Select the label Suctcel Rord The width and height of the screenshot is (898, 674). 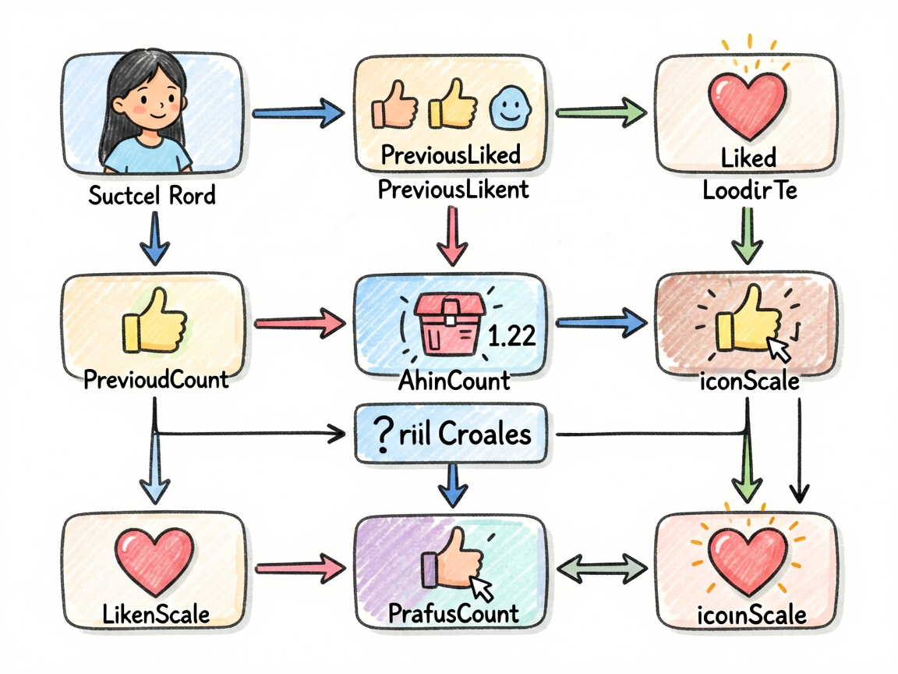[x=152, y=196]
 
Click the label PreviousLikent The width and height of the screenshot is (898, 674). [x=453, y=189]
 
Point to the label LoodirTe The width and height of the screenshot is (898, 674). [x=750, y=190]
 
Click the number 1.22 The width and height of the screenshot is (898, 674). [x=511, y=335]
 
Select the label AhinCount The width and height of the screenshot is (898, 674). [x=454, y=381]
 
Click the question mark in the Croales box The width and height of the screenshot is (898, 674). [x=382, y=435]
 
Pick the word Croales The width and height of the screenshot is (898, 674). [x=485, y=435]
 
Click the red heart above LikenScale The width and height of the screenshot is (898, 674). [x=154, y=562]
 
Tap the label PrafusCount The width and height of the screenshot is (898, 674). [x=454, y=614]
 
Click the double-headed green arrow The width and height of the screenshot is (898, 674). [x=601, y=568]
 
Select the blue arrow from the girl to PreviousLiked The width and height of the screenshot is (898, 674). [x=299, y=113]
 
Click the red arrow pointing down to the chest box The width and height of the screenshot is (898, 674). [x=452, y=236]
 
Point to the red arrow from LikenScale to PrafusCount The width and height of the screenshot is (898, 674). [x=301, y=568]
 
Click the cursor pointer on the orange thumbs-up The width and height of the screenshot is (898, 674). [x=480, y=589]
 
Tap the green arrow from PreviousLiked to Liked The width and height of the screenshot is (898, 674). [x=601, y=112]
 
